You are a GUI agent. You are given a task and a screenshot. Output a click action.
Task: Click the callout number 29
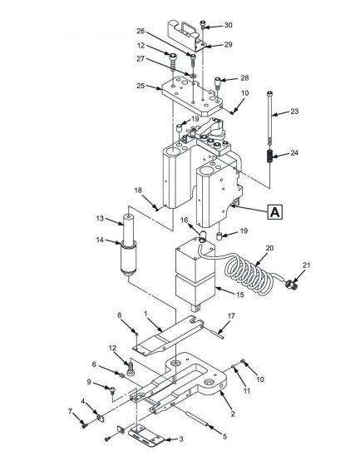229,44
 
